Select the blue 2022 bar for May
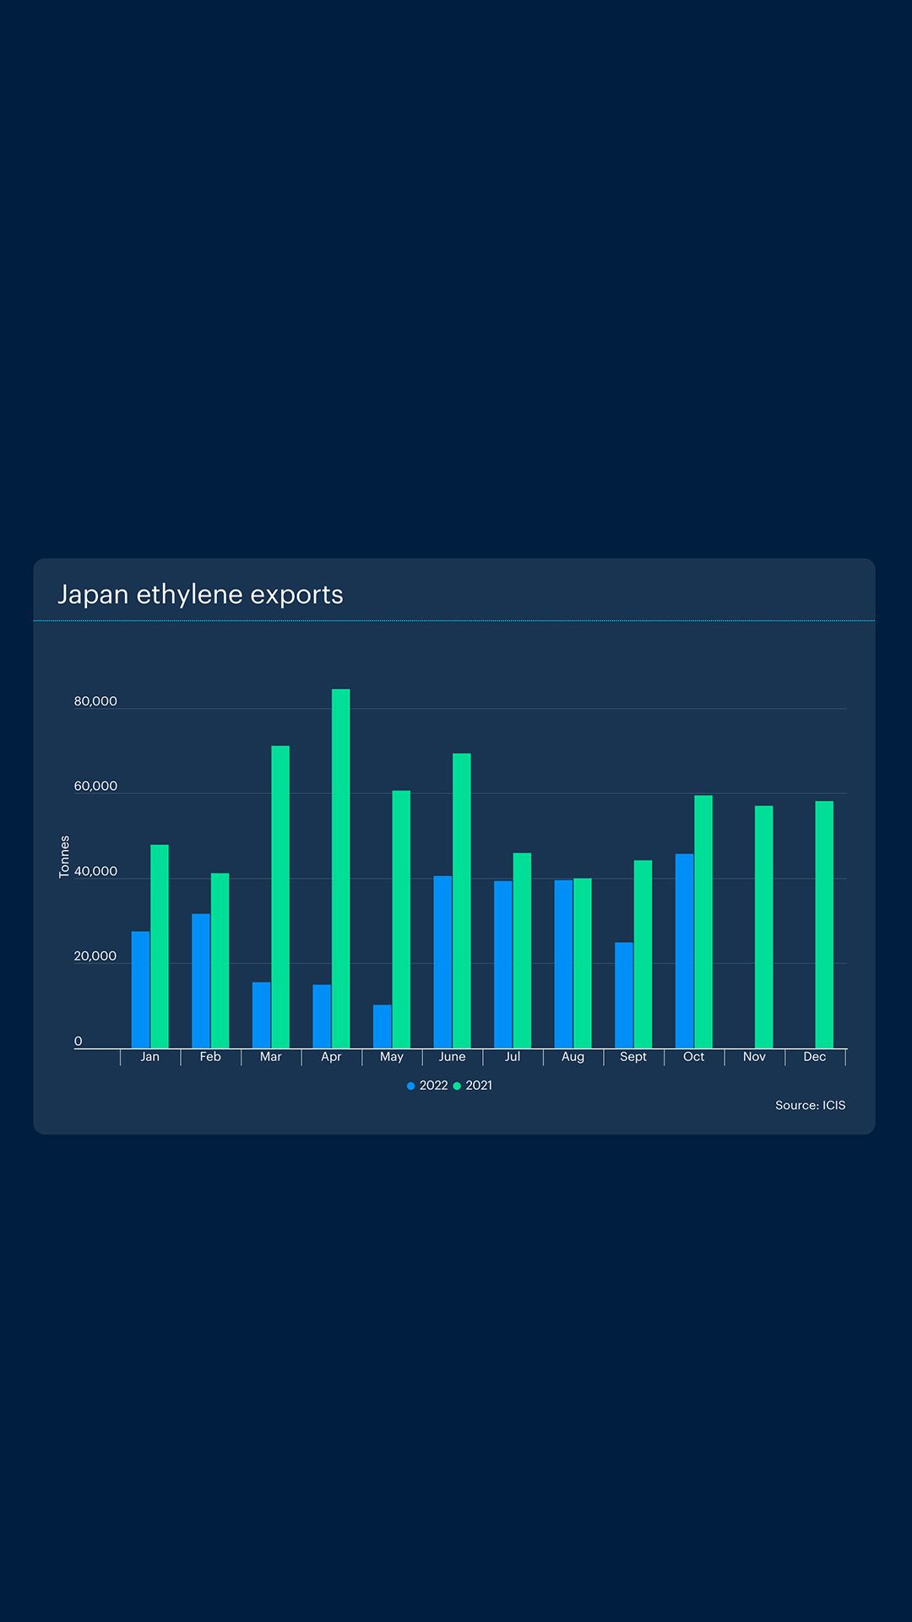coord(383,1026)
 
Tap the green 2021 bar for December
coord(824,924)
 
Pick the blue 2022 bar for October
coord(684,951)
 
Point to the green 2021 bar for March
coord(280,896)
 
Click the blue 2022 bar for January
coord(140,989)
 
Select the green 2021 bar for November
coord(763,927)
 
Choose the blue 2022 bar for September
coord(624,995)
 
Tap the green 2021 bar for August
coord(583,963)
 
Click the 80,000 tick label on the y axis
coord(95,701)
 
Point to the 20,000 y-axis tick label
coord(95,956)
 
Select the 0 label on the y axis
coord(79,1042)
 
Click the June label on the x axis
coord(452,1057)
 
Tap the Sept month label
coord(633,1057)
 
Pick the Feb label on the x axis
coord(210,1057)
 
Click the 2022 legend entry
coord(427,1086)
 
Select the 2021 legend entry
coord(473,1086)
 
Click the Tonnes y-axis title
coord(64,857)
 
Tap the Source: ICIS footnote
coord(810,1105)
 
